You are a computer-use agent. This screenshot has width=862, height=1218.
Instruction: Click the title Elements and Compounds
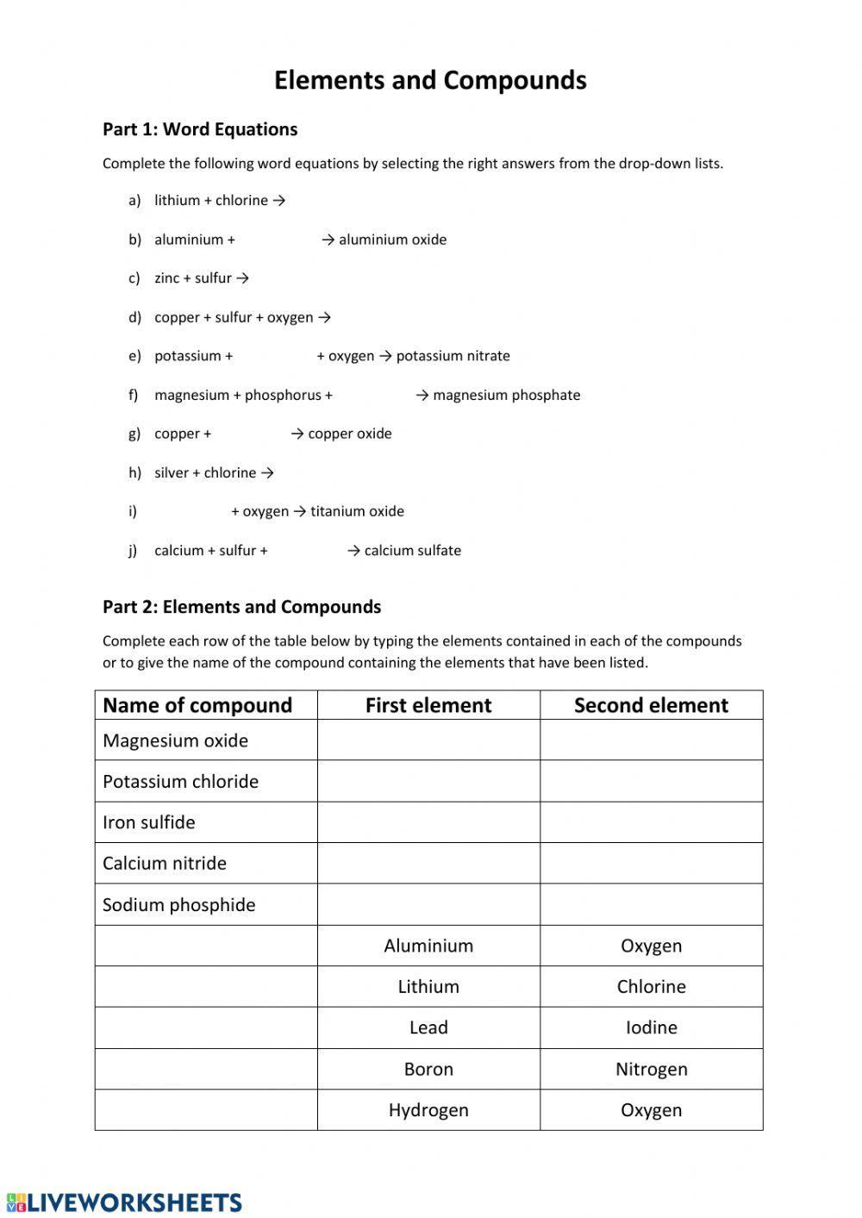[x=430, y=80]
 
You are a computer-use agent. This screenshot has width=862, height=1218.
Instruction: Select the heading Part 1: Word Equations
[x=200, y=129]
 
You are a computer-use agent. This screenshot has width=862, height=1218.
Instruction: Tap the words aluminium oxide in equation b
[x=392, y=240]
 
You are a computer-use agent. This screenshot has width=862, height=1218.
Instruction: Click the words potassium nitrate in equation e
[x=453, y=356]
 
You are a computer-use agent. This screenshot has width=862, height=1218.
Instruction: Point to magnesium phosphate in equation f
[x=506, y=395]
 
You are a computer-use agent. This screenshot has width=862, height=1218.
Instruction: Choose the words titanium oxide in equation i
[x=357, y=511]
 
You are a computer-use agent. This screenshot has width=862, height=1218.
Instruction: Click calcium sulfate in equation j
[x=412, y=550]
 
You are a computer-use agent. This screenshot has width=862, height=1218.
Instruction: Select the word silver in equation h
[x=171, y=472]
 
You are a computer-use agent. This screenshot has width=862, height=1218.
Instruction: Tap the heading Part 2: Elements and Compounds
[x=241, y=607]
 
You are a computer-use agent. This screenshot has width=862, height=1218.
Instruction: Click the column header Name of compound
[x=197, y=705]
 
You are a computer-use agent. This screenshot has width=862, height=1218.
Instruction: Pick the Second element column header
[x=651, y=705]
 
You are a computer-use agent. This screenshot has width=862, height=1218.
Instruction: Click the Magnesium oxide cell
[x=176, y=740]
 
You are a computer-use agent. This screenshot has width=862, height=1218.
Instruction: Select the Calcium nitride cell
[x=165, y=863]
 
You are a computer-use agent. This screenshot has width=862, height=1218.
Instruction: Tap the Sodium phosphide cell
[x=179, y=904]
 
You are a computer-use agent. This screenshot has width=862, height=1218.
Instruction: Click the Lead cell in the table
[x=428, y=1027]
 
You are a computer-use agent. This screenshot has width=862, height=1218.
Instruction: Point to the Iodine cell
[x=651, y=1027]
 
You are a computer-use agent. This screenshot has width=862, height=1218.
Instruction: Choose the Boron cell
[x=428, y=1069]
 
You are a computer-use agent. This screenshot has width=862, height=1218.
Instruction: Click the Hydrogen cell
[x=428, y=1109]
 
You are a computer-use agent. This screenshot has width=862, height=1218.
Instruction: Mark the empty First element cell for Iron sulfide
[x=428, y=822]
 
